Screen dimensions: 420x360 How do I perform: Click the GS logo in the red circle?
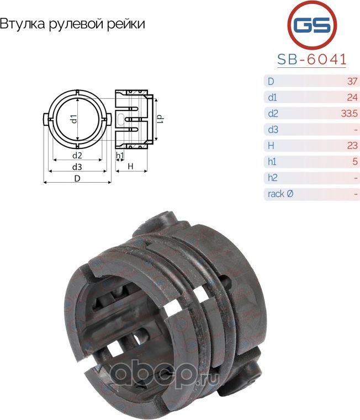click(313, 25)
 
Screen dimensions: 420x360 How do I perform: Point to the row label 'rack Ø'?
click(281, 194)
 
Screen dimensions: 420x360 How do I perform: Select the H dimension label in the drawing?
click(131, 166)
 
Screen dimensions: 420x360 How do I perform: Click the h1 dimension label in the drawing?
click(119, 156)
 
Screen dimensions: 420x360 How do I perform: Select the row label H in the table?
click(271, 146)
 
